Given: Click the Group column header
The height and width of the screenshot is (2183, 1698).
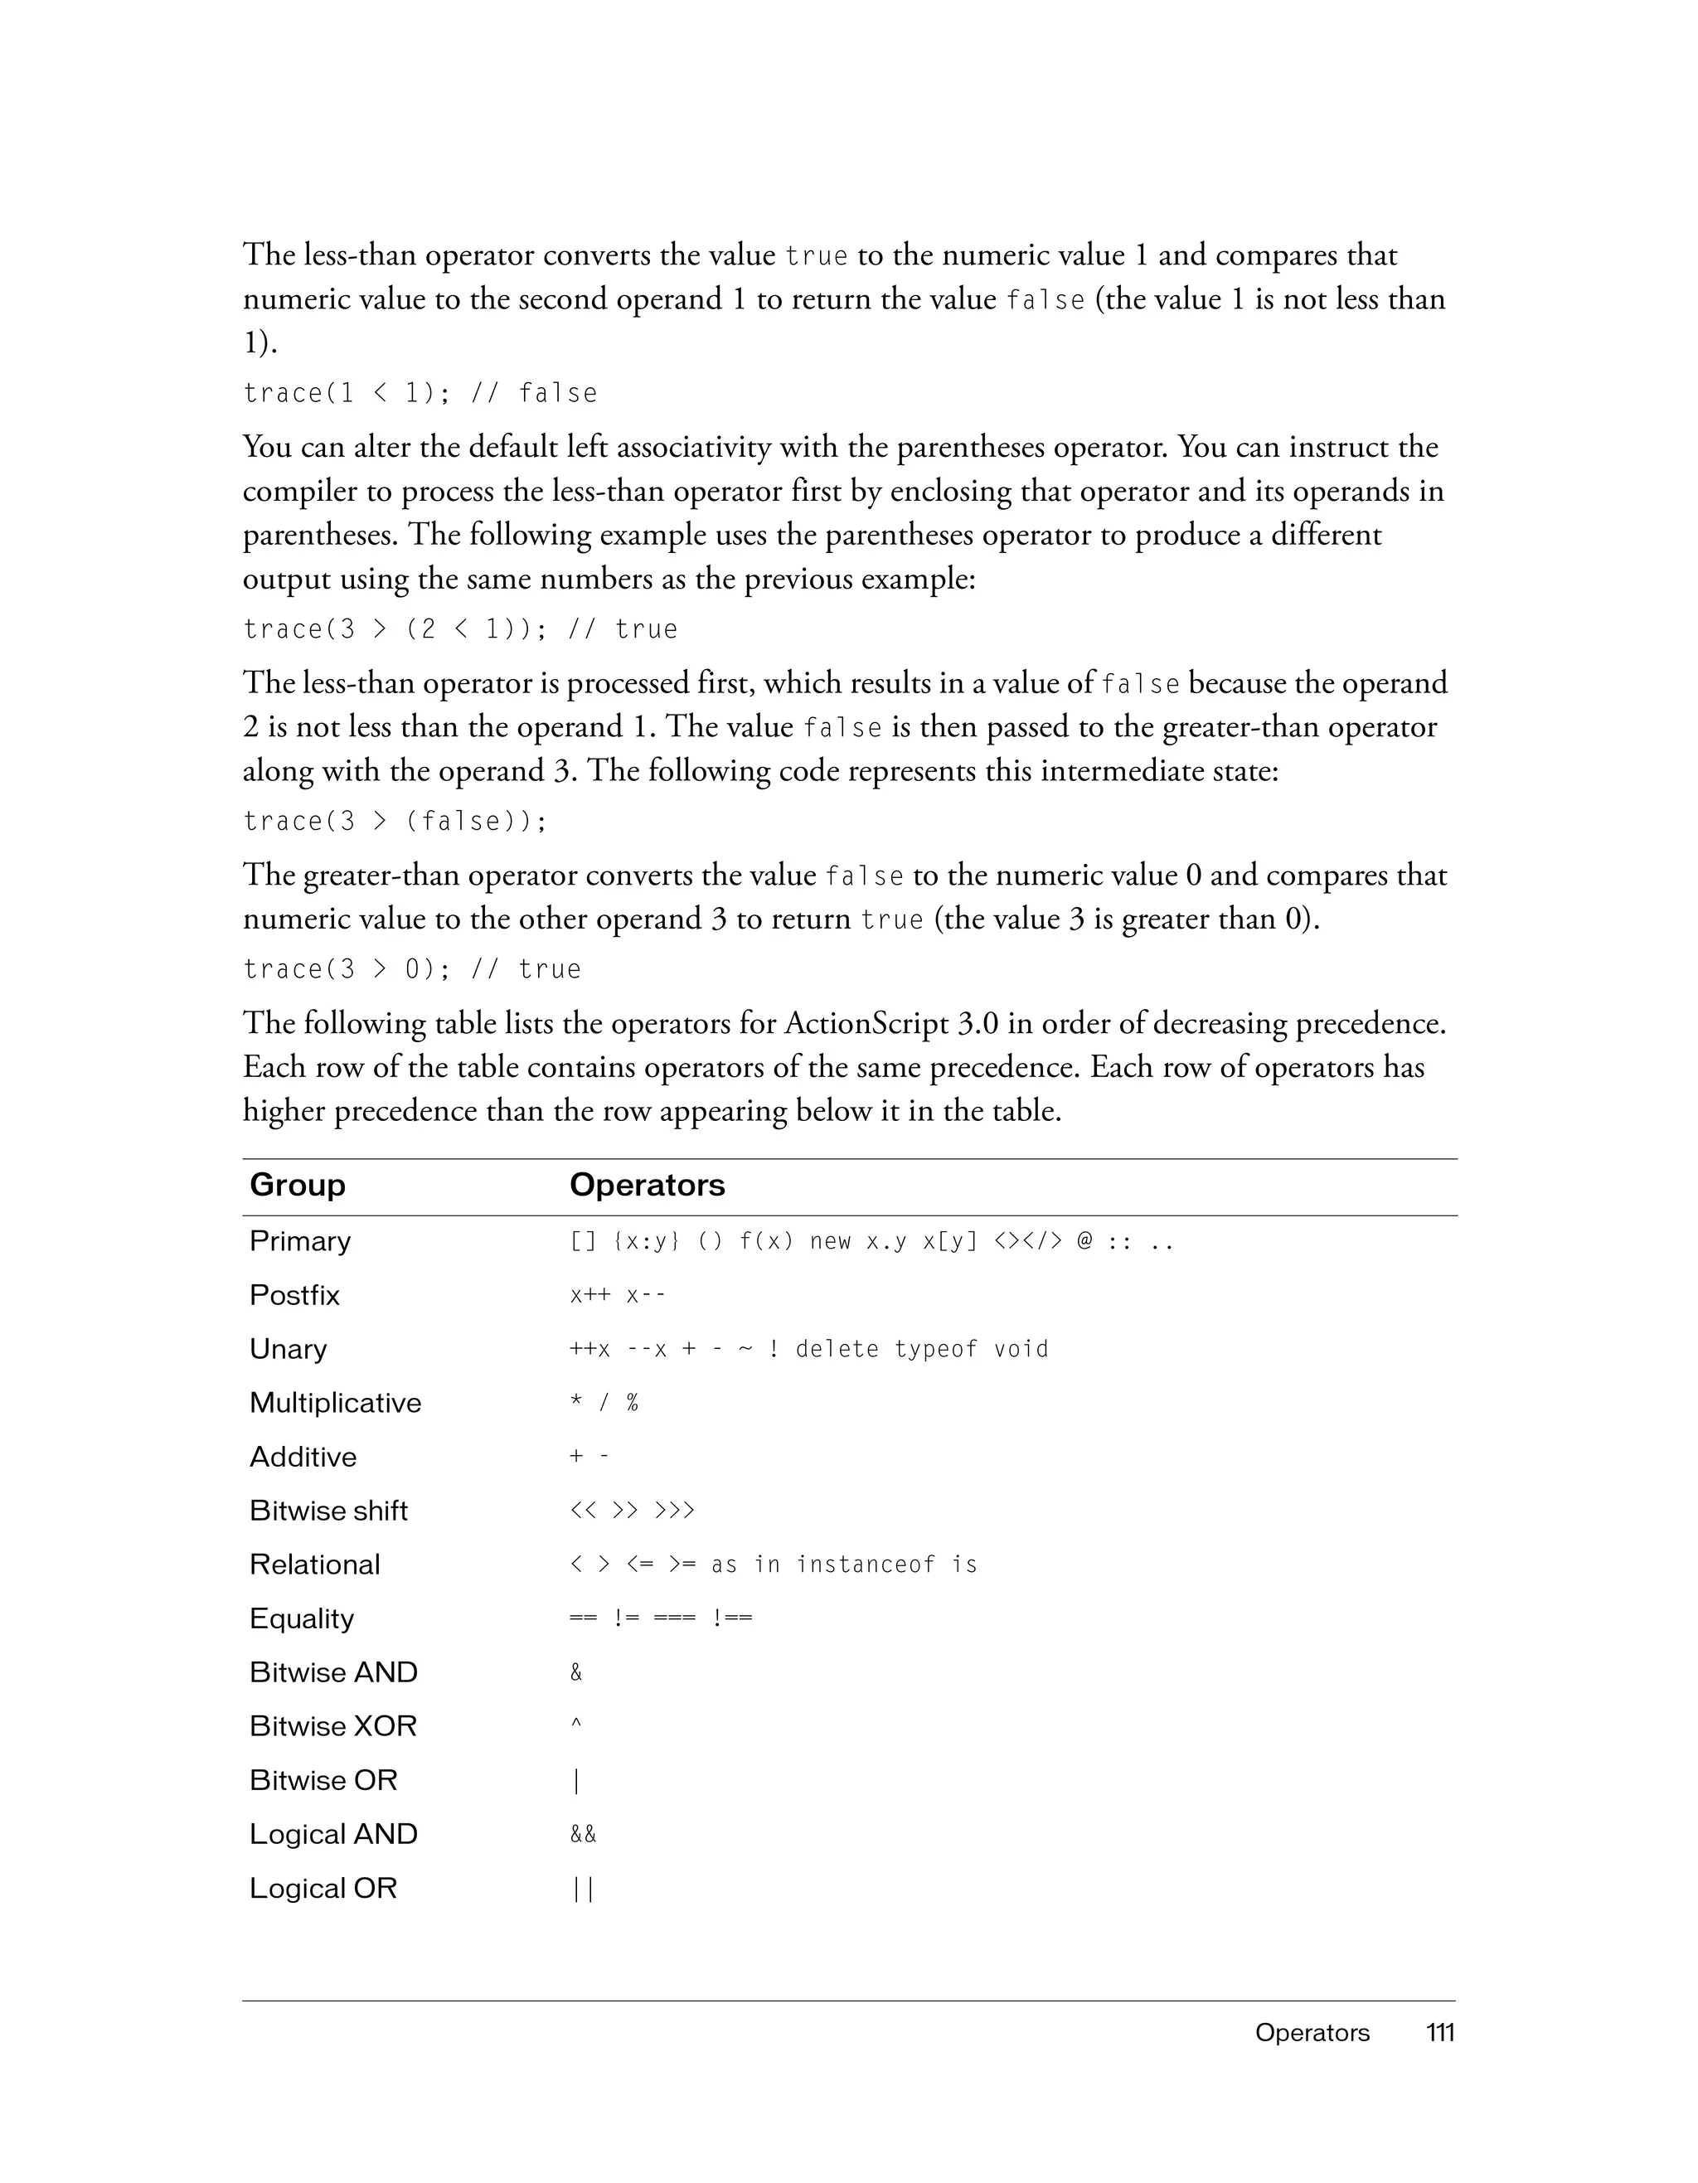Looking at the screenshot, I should coord(297,1185).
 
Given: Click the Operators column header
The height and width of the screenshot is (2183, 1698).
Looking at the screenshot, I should coord(647,1185).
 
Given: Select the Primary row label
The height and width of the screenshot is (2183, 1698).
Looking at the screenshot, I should coord(300,1240).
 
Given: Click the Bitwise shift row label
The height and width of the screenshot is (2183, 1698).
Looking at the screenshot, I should coord(327,1511).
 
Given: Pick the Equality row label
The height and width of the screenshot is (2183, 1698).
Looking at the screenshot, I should coord(301,1618).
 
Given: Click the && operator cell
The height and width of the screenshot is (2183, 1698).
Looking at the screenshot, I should coord(583,1834).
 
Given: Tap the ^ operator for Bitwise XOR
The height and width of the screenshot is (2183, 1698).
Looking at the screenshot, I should coord(575,1725).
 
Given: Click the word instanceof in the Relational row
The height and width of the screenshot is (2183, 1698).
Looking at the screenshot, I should coord(866,1564).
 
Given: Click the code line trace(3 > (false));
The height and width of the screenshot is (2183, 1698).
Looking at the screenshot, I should coord(395,821).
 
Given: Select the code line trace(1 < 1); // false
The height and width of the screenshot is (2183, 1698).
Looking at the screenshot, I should coord(420,393).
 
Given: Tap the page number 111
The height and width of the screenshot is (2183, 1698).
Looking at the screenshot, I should coord(1439,2032).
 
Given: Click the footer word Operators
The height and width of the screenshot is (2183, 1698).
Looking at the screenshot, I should coord(1312,2032).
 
